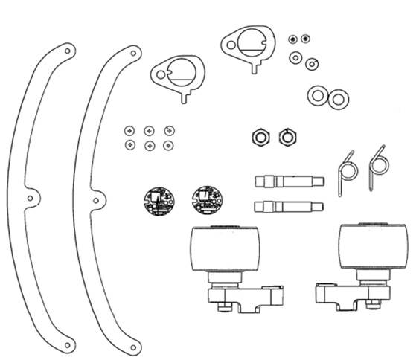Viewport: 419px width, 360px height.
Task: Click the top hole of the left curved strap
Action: point(68,51)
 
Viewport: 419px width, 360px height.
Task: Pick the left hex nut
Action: point(260,136)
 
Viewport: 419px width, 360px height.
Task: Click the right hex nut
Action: point(287,136)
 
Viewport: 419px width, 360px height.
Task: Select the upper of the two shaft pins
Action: point(289,181)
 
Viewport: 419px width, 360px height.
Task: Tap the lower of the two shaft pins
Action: point(289,205)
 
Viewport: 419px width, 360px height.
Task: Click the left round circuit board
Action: point(159,200)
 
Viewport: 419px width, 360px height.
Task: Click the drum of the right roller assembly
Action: point(373,248)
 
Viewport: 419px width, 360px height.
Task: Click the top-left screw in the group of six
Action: point(130,130)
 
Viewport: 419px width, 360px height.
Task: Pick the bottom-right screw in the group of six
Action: point(169,144)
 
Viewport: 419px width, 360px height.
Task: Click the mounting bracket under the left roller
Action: point(246,298)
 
